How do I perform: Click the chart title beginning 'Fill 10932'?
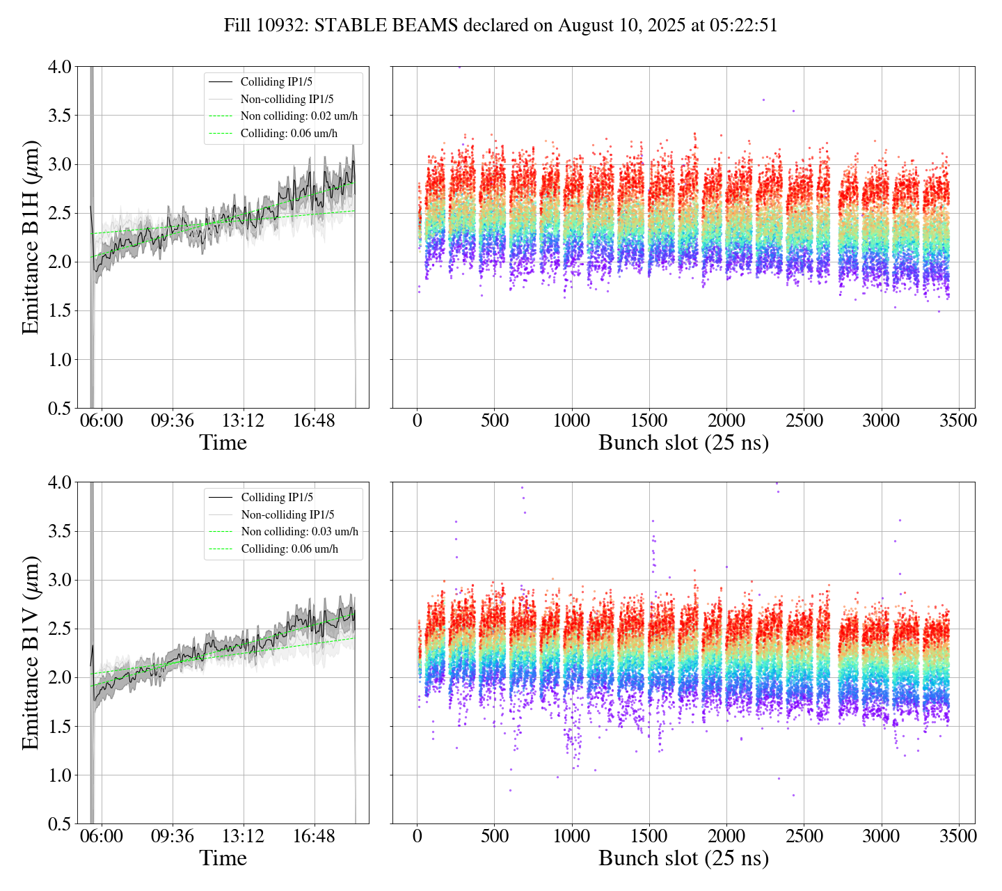[x=500, y=26]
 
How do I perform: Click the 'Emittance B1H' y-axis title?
[x=31, y=237]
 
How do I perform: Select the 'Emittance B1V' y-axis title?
[x=31, y=652]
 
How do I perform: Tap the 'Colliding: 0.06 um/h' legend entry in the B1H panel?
[x=289, y=133]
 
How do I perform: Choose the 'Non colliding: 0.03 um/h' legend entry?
[x=299, y=532]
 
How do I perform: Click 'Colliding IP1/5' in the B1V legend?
[x=277, y=498]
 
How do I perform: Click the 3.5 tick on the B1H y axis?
[x=59, y=116]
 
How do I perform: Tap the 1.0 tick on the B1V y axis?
[x=59, y=775]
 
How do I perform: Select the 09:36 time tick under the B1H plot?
[x=173, y=421]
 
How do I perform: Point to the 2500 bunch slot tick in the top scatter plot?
[x=804, y=421]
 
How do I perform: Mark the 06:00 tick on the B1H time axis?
[x=102, y=421]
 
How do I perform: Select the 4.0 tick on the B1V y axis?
[x=59, y=482]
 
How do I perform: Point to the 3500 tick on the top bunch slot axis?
[x=958, y=421]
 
